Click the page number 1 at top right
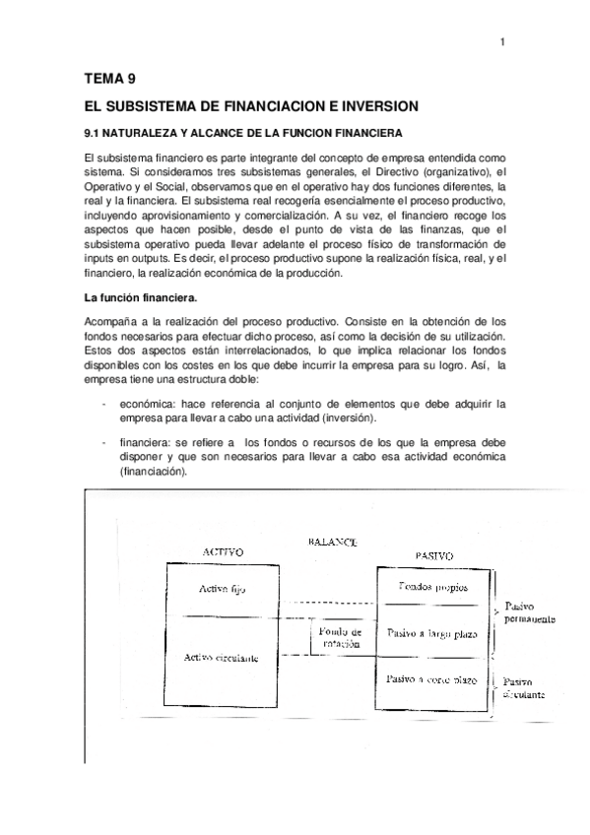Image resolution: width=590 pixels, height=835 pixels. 501,41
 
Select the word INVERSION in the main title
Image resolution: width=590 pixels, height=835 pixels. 378,105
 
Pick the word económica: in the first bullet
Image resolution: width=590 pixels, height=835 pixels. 151,404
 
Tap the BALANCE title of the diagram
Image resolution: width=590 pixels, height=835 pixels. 332,542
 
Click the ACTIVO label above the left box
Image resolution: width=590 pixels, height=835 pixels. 223,552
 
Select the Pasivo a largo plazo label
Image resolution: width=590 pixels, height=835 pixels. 432,633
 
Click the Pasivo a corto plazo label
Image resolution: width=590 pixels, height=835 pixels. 432,679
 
